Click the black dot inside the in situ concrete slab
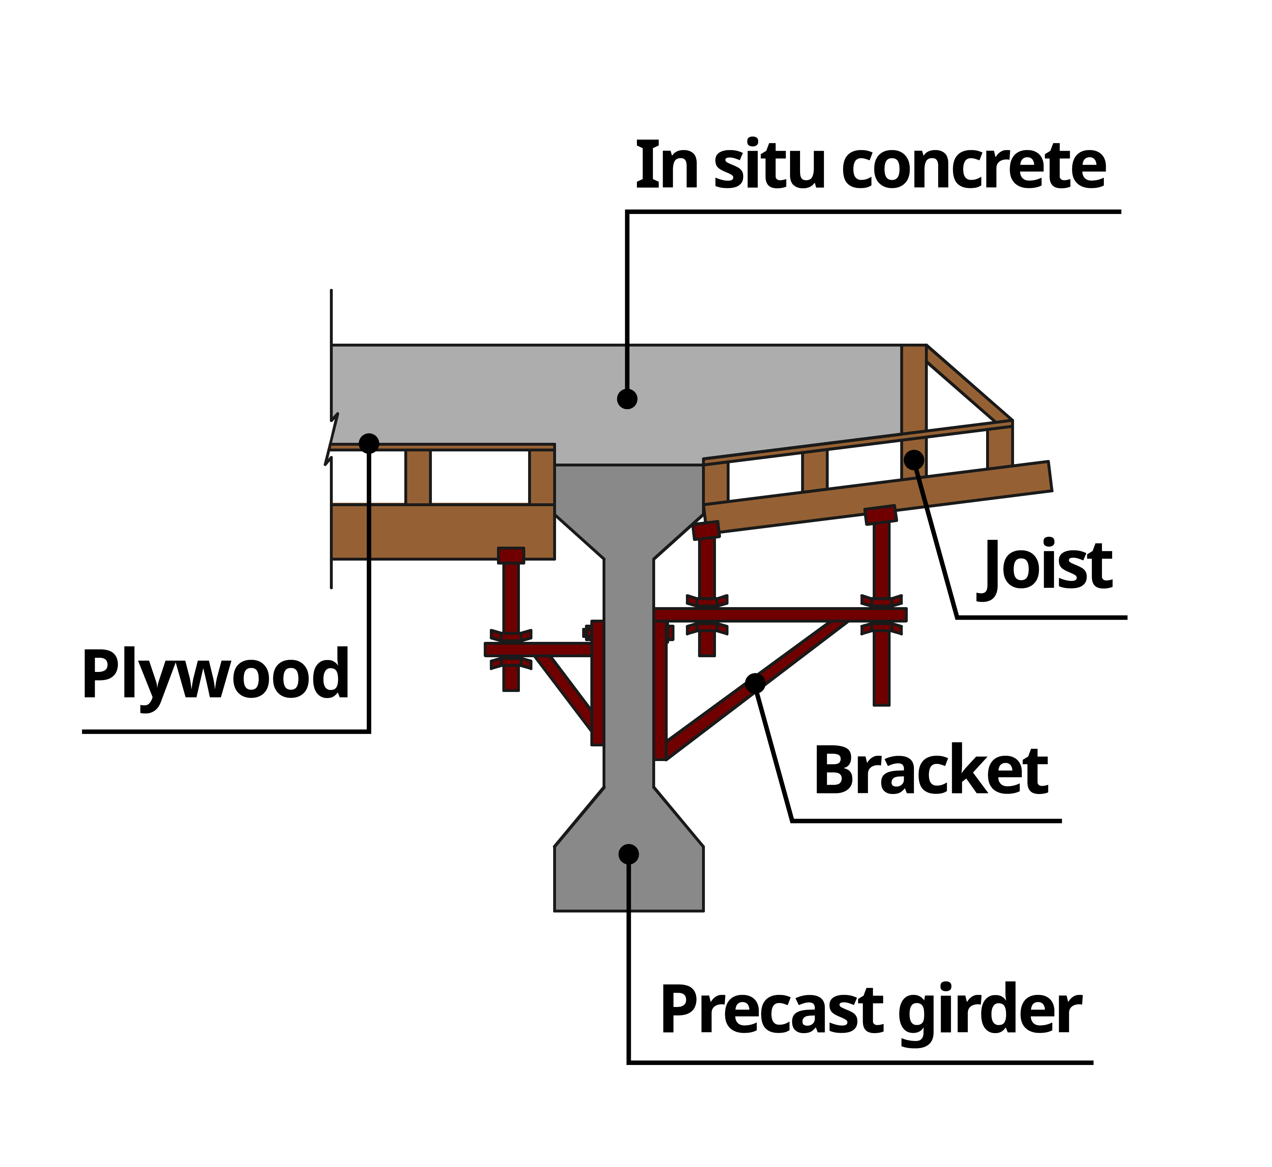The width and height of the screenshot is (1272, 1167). (627, 399)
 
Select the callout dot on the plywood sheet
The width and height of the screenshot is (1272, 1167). (369, 443)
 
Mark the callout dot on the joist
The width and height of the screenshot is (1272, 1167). (913, 460)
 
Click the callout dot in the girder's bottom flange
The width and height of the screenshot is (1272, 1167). (628, 854)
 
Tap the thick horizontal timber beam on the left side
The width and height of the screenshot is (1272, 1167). (442, 532)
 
